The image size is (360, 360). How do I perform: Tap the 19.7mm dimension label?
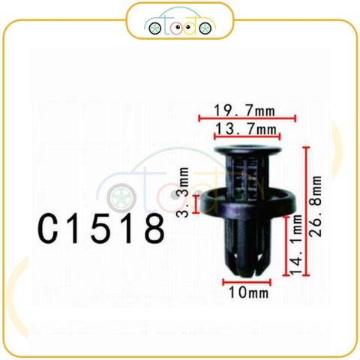coord(247,110)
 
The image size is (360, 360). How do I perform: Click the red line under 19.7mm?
coord(247,118)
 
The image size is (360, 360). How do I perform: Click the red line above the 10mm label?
coord(247,282)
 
